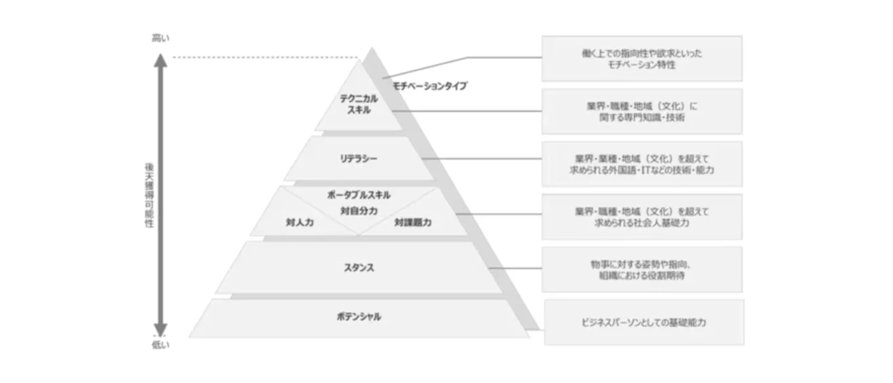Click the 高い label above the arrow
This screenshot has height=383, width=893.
160,38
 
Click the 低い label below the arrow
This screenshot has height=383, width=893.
160,346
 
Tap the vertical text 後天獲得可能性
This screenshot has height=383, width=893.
149,195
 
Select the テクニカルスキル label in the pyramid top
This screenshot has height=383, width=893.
359,104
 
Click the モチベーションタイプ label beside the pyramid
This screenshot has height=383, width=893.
430,86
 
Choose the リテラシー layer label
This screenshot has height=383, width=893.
359,159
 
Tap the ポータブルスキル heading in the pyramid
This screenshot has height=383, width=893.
359,195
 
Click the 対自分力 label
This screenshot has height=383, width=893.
359,211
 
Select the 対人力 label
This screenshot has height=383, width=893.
299,223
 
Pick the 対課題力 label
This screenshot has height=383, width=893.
413,223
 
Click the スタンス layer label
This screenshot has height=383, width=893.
359,268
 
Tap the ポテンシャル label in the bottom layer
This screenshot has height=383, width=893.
359,317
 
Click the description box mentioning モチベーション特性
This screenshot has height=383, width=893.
642,58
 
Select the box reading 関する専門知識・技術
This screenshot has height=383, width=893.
642,111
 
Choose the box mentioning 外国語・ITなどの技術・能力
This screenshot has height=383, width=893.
642,164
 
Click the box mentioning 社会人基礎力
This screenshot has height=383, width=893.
642,217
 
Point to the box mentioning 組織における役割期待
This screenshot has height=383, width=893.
642,270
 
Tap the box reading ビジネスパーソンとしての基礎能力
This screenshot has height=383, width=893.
643,323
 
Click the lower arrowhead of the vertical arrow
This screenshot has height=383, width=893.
160,330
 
